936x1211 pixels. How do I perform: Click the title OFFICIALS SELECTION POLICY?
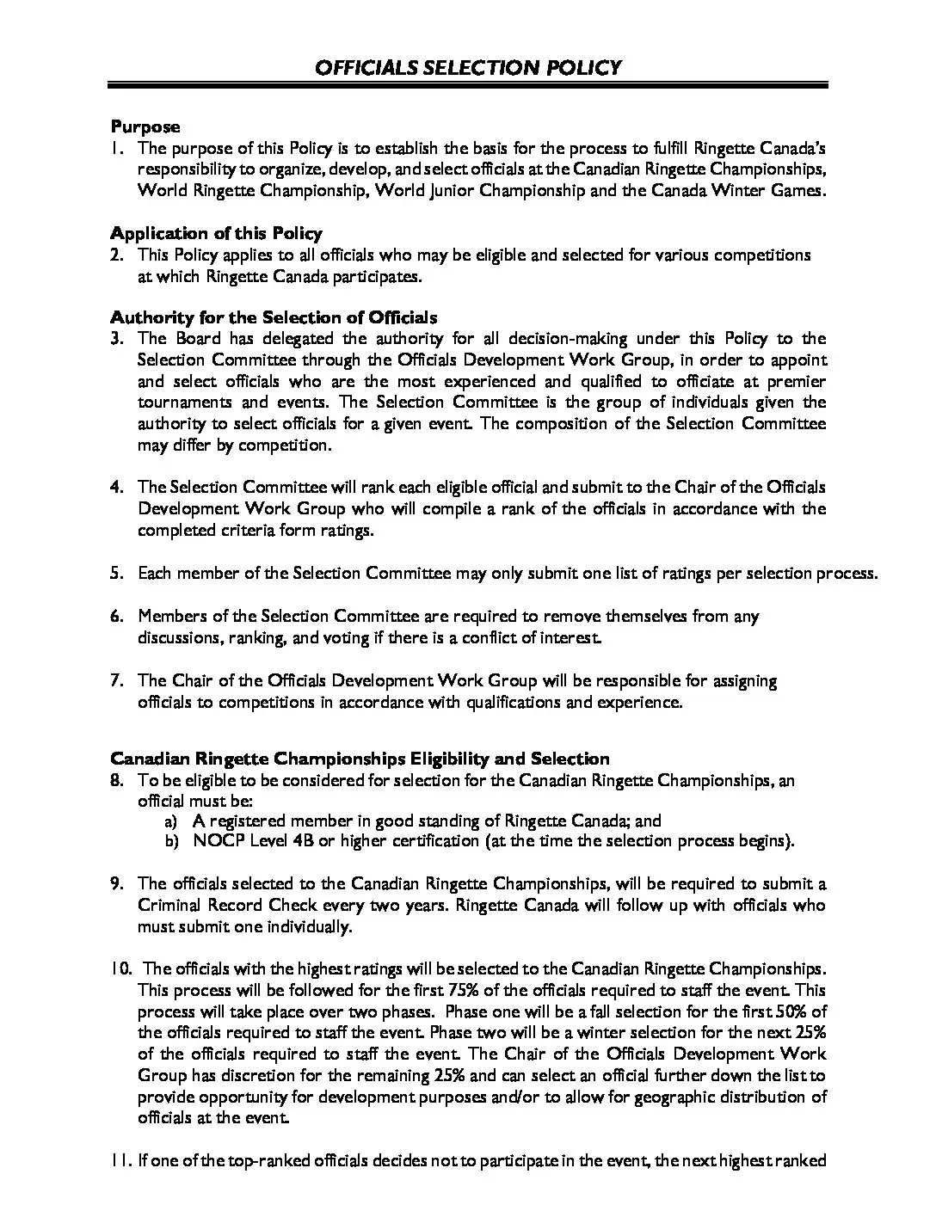[x=468, y=68]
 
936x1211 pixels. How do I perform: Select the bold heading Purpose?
[x=145, y=126]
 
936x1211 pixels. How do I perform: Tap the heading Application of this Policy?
[x=216, y=233]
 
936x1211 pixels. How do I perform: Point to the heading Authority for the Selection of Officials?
[x=274, y=317]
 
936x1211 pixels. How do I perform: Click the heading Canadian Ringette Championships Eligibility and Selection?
[x=360, y=759]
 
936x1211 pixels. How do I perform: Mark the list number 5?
[x=117, y=574]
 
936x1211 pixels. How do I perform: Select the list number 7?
[x=117, y=681]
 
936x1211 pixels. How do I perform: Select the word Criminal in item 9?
[x=166, y=906]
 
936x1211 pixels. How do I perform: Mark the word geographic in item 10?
[x=650, y=1097]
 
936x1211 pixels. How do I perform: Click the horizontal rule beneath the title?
[x=468, y=86]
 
